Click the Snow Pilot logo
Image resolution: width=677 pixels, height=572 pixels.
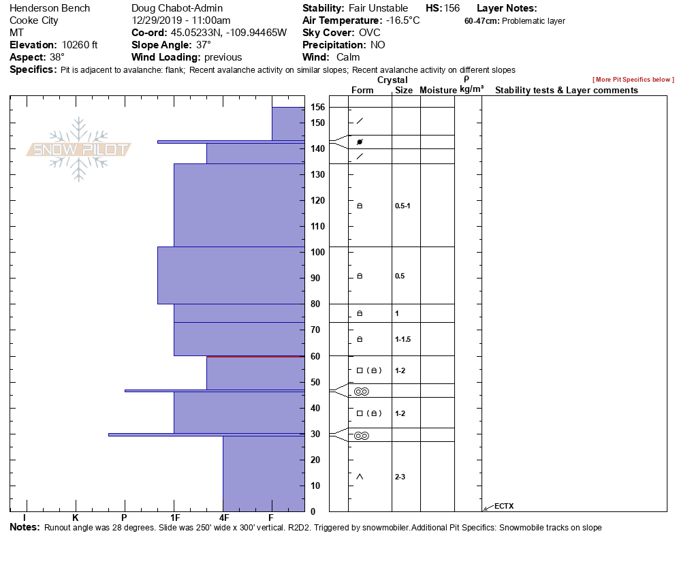tap(79, 150)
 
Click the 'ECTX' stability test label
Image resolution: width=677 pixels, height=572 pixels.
tap(504, 506)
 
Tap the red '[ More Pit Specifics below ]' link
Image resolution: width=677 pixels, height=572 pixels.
tap(633, 80)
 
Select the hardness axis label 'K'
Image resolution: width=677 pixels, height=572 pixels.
tap(76, 518)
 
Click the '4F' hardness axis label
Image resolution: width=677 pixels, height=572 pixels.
tap(224, 518)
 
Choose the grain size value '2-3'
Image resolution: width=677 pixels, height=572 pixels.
tap(400, 477)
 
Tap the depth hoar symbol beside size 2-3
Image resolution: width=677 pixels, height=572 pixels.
tap(360, 477)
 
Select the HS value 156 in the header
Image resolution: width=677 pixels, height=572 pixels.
tap(452, 8)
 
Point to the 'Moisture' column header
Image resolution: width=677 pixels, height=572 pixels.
tap(437, 90)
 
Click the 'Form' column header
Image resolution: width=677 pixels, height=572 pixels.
tap(362, 90)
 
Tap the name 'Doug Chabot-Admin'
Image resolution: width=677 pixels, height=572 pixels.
tap(177, 8)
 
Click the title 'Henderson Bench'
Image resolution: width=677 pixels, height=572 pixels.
tap(50, 8)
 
